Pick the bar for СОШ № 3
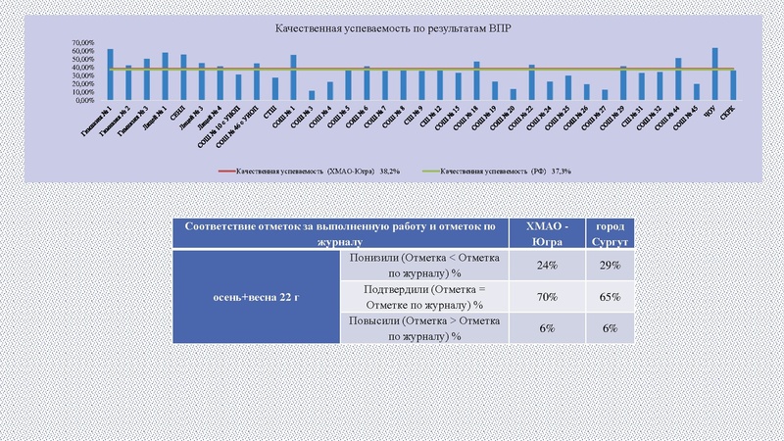pyautogui.click(x=312, y=95)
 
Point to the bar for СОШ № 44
pyautogui.click(x=678, y=78)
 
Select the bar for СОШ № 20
pyautogui.click(x=513, y=94)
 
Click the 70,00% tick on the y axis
pyautogui.click(x=55, y=44)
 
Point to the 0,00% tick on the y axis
pyautogui.click(x=57, y=100)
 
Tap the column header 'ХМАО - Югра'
pyautogui.click(x=546, y=233)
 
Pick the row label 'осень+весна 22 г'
pyautogui.click(x=255, y=295)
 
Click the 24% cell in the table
pyautogui.click(x=546, y=266)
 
